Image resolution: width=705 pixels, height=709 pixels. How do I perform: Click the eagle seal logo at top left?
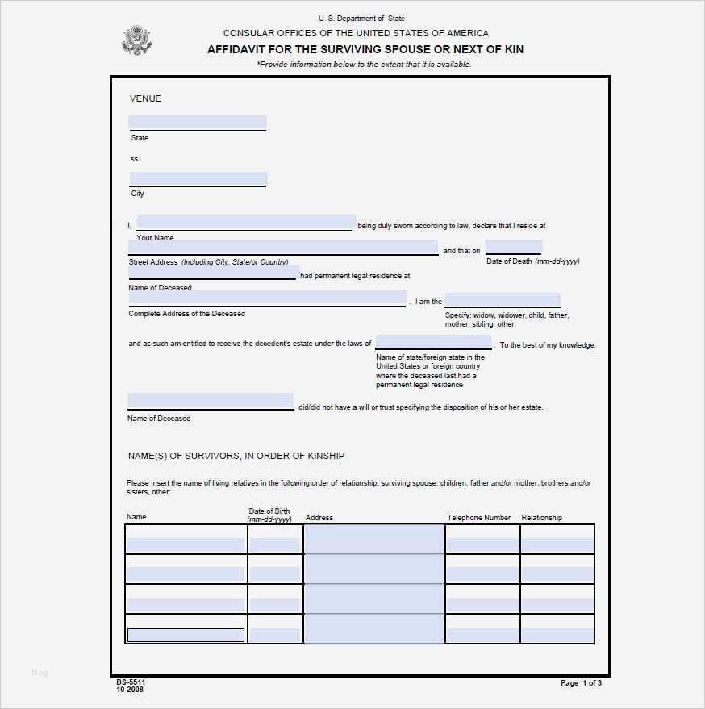[x=136, y=40]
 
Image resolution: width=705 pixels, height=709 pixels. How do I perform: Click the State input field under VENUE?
[x=198, y=123]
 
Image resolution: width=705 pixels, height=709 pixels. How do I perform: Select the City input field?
[x=198, y=179]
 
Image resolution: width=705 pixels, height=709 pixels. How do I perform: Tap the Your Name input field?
[x=246, y=223]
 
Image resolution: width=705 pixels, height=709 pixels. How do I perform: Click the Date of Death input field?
[x=513, y=248]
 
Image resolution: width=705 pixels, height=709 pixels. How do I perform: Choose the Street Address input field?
[x=283, y=248]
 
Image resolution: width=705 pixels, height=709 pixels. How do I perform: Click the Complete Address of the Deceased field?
[x=267, y=298]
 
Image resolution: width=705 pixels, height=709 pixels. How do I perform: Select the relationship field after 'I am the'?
[x=502, y=300]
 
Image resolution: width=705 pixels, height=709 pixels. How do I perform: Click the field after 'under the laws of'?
[x=433, y=342]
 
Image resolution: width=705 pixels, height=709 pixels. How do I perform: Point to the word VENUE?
[x=145, y=98]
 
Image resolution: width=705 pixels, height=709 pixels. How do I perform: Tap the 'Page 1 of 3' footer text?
[x=581, y=683]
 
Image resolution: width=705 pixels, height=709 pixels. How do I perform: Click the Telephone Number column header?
[x=479, y=518]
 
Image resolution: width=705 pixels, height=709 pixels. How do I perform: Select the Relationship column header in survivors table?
[x=542, y=518]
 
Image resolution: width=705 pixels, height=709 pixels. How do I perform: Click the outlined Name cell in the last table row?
[x=186, y=635]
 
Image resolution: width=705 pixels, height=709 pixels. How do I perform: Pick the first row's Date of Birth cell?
[x=275, y=544]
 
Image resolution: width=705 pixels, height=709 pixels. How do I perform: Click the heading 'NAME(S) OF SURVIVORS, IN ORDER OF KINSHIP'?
[x=236, y=456]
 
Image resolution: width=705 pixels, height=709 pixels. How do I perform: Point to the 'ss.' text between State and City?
[x=136, y=159]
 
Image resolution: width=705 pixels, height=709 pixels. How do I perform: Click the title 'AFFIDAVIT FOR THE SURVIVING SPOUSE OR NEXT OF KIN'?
[x=365, y=49]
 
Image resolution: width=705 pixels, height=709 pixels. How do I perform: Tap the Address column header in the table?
[x=319, y=518]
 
